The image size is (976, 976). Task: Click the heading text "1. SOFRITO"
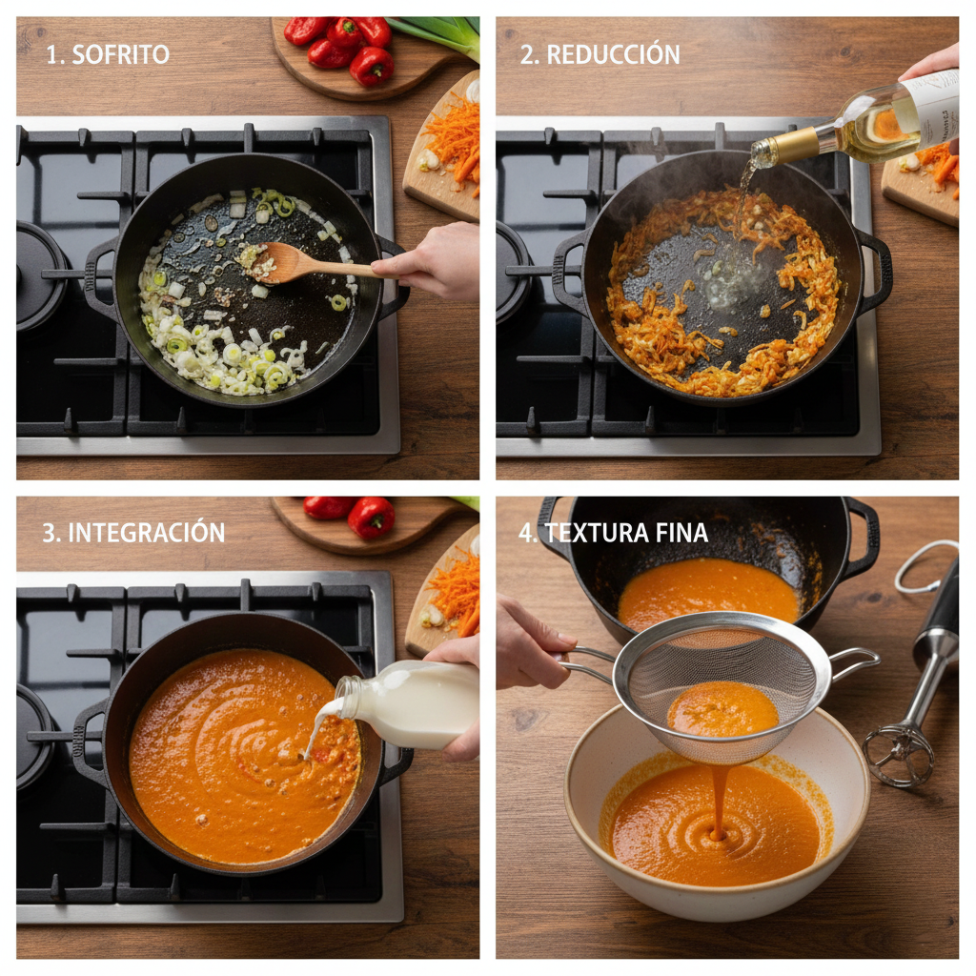click(108, 54)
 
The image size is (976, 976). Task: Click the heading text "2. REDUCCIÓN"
click(600, 54)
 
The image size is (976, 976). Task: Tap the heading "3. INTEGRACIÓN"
click(133, 532)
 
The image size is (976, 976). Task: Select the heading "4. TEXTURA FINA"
click(613, 532)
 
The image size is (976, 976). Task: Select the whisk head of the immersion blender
click(897, 754)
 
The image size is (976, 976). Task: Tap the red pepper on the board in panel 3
click(372, 518)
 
